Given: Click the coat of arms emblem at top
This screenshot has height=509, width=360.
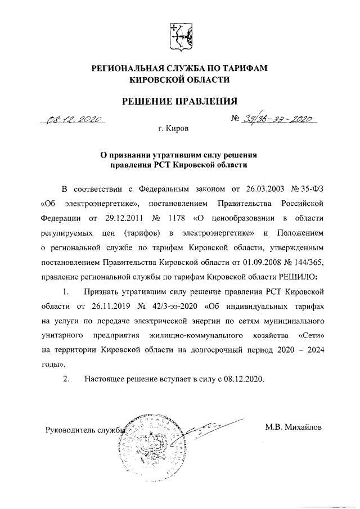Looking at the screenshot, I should point(180,35).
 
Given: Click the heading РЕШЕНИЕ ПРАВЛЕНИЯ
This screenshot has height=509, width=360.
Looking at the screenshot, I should point(180,101).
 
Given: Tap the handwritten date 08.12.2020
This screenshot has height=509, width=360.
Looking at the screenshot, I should point(74,119).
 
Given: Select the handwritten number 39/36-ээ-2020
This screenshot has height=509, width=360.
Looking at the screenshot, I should point(278,119).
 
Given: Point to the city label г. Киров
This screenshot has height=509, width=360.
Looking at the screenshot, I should point(174,129).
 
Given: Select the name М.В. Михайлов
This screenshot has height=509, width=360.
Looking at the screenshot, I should point(293,427).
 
